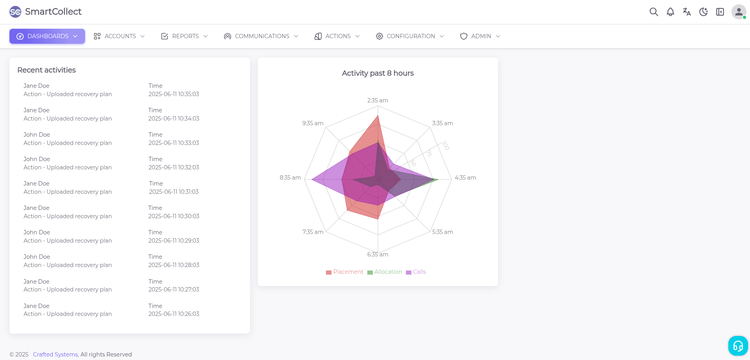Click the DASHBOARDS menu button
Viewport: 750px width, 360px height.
[x=47, y=36]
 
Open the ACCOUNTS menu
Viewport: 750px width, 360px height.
[x=119, y=36]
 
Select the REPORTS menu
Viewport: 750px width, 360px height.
[x=184, y=36]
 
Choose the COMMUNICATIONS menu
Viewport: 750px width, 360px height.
[x=261, y=36]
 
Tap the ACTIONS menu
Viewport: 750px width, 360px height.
[x=337, y=36]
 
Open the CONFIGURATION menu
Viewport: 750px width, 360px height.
[x=410, y=36]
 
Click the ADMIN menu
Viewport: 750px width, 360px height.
[x=480, y=36]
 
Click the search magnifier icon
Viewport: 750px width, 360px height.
[x=654, y=12]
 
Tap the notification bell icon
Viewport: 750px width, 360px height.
[x=670, y=12]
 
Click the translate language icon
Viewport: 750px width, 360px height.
[x=687, y=12]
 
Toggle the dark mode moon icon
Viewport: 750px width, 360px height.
[x=703, y=12]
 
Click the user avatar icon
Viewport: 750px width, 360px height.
[x=739, y=12]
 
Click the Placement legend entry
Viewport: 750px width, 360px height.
[x=344, y=272]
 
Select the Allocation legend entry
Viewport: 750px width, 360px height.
[x=385, y=272]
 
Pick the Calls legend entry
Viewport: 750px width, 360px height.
[x=416, y=272]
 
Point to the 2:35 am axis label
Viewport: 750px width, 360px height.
[x=378, y=100]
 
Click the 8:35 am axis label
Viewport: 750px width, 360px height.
[x=290, y=178]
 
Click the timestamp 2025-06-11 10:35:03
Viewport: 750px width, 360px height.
[x=174, y=94]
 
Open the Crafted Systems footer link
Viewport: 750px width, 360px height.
[x=56, y=354]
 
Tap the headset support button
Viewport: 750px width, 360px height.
[x=738, y=346]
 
